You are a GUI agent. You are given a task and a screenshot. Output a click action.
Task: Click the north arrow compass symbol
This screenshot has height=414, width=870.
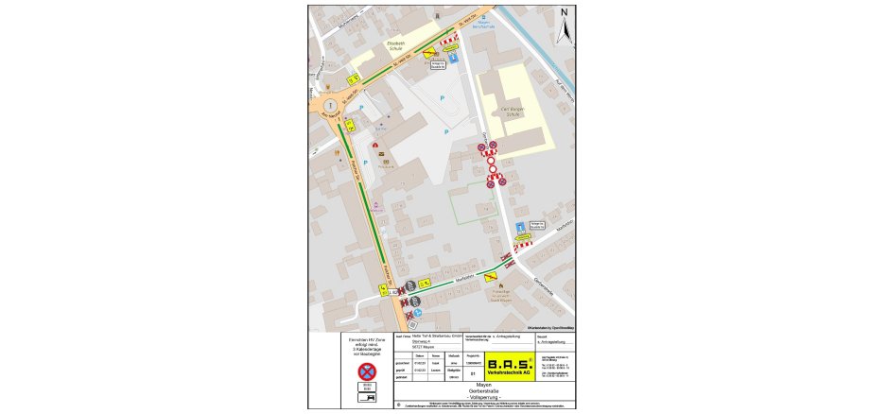[564, 27]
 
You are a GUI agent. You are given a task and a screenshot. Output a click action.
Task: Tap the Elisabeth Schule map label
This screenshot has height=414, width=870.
[396, 46]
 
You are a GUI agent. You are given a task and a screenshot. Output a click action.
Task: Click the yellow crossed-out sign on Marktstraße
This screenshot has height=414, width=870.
[491, 277]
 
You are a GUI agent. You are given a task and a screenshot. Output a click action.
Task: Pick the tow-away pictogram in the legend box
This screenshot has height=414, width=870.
[367, 399]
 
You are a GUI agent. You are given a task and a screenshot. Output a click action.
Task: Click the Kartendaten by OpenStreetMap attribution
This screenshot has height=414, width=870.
[547, 326]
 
